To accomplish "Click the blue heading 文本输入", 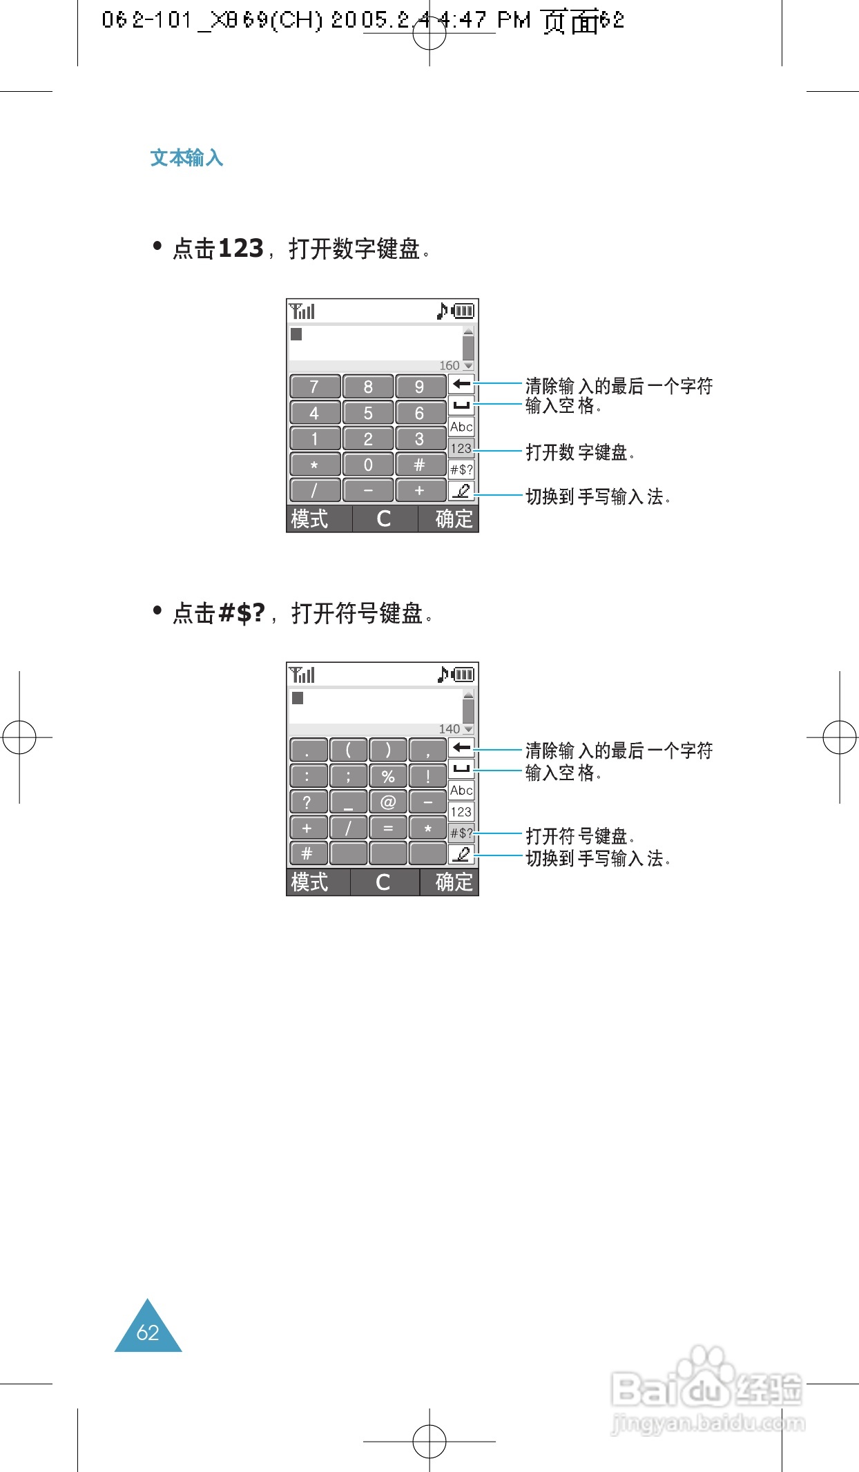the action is (186, 158).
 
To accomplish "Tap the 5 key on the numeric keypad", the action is (368, 413).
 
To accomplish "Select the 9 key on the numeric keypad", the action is (420, 387).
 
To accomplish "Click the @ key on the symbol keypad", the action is (388, 802).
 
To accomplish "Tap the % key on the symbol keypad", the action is (388, 776).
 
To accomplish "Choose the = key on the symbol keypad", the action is (388, 828).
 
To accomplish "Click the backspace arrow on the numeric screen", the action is (461, 384).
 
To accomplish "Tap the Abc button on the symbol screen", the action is (461, 790).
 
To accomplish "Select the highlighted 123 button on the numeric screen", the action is (461, 448).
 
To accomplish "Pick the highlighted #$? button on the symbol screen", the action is (461, 833).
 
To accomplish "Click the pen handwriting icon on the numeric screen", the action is (461, 491).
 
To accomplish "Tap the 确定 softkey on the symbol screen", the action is (454, 882).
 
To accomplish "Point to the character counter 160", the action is (449, 365).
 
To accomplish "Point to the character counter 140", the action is (449, 729).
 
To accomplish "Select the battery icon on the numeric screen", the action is (463, 311).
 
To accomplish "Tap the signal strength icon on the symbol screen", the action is (302, 675).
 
